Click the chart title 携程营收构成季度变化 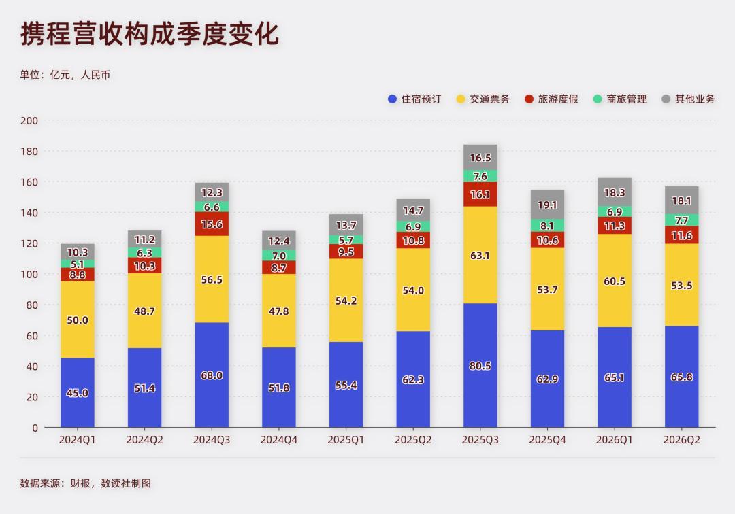pyautogui.click(x=150, y=34)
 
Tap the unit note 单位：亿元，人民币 pyautogui.click(x=65, y=75)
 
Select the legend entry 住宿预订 pyautogui.click(x=414, y=99)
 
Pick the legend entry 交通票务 pyautogui.click(x=483, y=99)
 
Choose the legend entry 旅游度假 pyautogui.click(x=551, y=99)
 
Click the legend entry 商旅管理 pyautogui.click(x=620, y=99)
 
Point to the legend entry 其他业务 pyautogui.click(x=688, y=99)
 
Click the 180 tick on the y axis pyautogui.click(x=29, y=151)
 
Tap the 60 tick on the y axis pyautogui.click(x=32, y=336)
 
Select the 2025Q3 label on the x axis pyautogui.click(x=480, y=440)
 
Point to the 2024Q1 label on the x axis pyautogui.click(x=78, y=440)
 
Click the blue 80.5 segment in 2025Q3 pyautogui.click(x=480, y=365)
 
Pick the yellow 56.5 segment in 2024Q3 pyautogui.click(x=212, y=279)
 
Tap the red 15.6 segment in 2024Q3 pyautogui.click(x=212, y=224)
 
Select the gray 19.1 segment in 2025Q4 pyautogui.click(x=547, y=204)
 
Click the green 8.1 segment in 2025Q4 pyautogui.click(x=547, y=225)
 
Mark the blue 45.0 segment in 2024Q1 pyautogui.click(x=78, y=393)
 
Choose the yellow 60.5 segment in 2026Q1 pyautogui.click(x=615, y=280)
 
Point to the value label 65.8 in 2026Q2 pyautogui.click(x=681, y=377)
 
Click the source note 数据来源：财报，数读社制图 pyautogui.click(x=85, y=483)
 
